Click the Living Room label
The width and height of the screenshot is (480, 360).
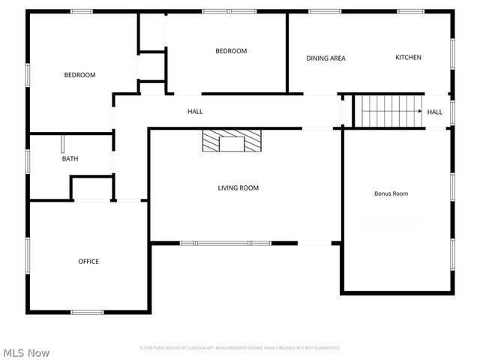(x=238, y=188)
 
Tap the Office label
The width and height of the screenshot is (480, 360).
(x=88, y=262)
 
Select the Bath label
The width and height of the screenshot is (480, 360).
(x=70, y=159)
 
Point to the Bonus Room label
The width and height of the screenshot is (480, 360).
(x=391, y=193)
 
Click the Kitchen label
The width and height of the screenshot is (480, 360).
(x=409, y=58)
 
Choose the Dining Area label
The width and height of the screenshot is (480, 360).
(x=325, y=58)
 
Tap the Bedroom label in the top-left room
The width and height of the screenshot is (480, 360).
(x=79, y=75)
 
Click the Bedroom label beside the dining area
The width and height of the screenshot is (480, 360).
(x=231, y=51)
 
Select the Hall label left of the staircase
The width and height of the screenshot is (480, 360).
(x=195, y=112)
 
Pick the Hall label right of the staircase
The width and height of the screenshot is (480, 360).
(x=435, y=112)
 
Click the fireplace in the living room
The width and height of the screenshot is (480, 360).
(x=232, y=140)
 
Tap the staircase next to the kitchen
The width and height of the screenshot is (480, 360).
(x=388, y=111)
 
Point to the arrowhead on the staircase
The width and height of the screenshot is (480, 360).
(x=419, y=112)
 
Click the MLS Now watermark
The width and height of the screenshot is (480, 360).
(x=27, y=352)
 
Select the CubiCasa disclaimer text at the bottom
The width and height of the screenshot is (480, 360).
(x=240, y=348)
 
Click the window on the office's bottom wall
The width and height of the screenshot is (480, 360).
(x=87, y=311)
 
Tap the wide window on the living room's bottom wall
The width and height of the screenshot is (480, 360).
(x=225, y=243)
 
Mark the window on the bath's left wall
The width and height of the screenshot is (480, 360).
(x=28, y=161)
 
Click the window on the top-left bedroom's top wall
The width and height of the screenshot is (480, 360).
(x=82, y=11)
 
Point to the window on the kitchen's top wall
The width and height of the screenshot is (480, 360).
(x=409, y=11)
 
